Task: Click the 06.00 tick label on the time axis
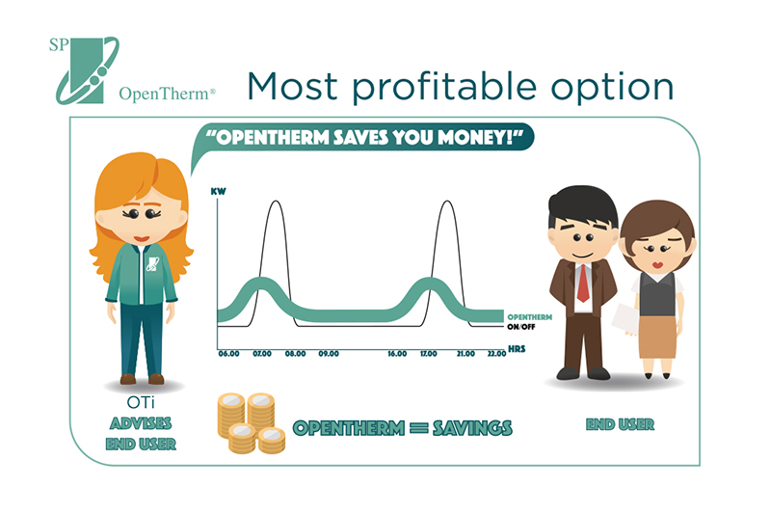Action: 228,354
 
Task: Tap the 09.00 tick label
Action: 329,354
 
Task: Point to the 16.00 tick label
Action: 397,354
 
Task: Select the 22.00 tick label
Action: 496,354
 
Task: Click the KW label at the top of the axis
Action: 219,191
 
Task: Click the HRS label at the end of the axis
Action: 517,349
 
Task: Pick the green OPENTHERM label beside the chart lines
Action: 529,317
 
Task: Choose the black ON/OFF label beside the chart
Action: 520,327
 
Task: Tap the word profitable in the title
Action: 444,87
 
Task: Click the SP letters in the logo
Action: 59,45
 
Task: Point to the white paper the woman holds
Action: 625,320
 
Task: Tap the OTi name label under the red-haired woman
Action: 141,403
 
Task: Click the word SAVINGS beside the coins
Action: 472,428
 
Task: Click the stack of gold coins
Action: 252,423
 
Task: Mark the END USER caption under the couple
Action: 620,424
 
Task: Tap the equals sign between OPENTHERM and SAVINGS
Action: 418,428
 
